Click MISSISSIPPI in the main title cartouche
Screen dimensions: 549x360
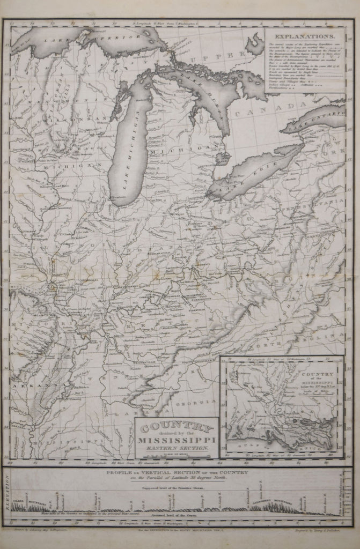[x=177, y=441]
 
